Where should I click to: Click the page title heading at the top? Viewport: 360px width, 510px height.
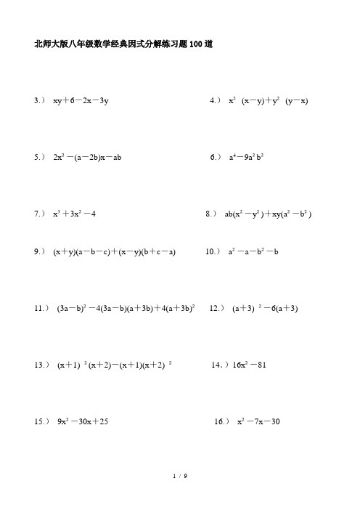[123, 44]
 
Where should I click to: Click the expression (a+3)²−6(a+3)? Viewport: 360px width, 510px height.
[265, 309]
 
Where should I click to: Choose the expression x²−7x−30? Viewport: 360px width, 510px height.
[258, 421]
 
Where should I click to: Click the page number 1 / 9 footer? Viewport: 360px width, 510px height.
[180, 476]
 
